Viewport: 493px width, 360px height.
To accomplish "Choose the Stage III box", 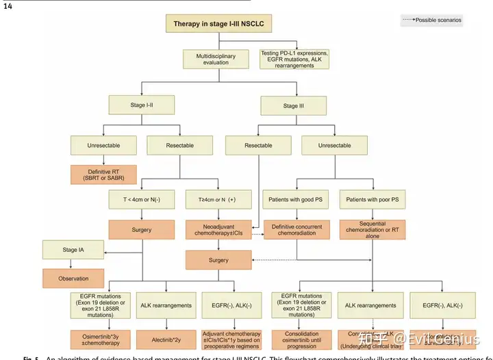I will click(290, 105).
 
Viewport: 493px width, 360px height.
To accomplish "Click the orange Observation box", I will click(74, 278).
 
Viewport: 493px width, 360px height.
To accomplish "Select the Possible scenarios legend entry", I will click(433, 21).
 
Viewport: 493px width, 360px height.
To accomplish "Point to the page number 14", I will click(8, 5).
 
